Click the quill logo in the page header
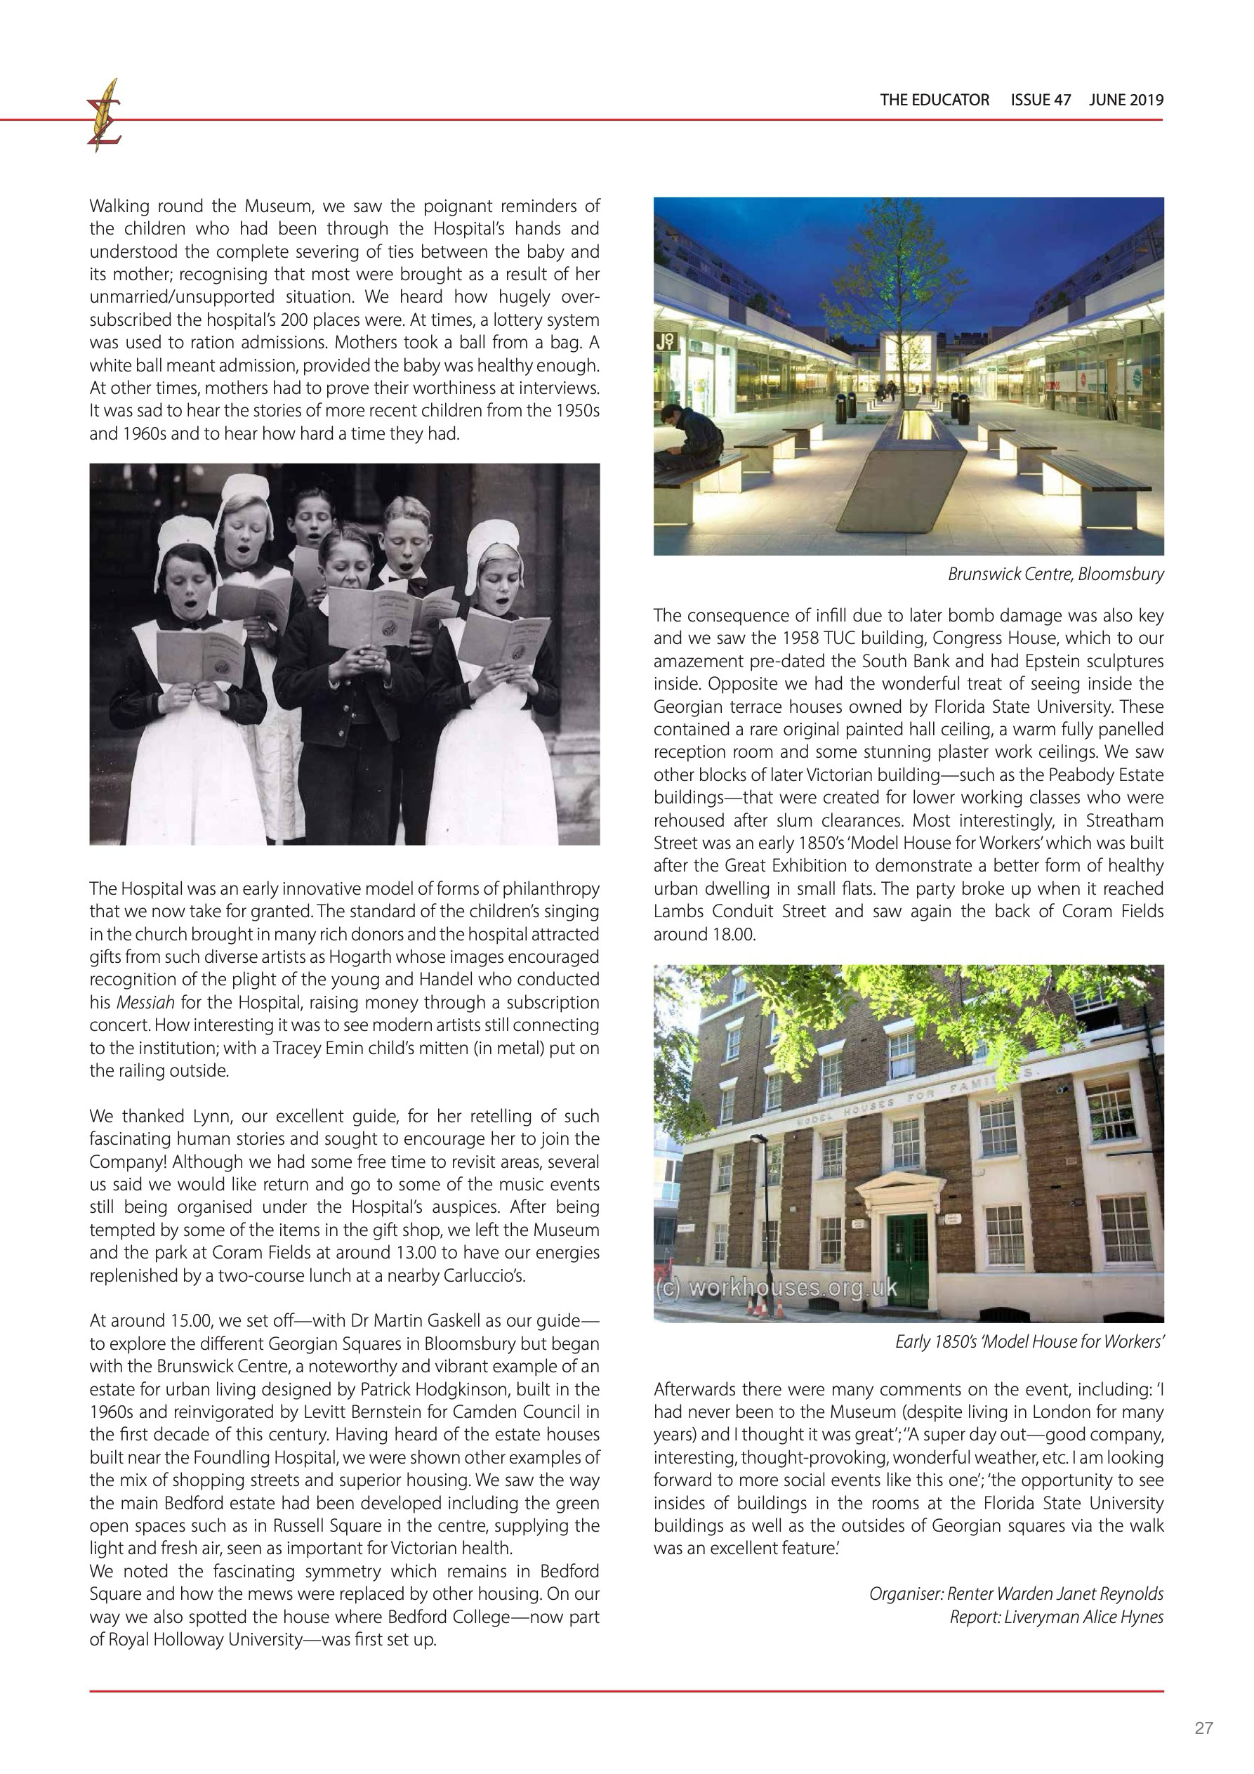105,116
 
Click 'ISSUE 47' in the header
1040,100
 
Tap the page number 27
1203,1728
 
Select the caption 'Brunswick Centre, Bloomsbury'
1055,574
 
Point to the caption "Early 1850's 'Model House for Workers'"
1029,1342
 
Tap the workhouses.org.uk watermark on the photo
776,1288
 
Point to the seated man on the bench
689,440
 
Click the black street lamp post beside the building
767,1221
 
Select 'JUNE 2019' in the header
1126,100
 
